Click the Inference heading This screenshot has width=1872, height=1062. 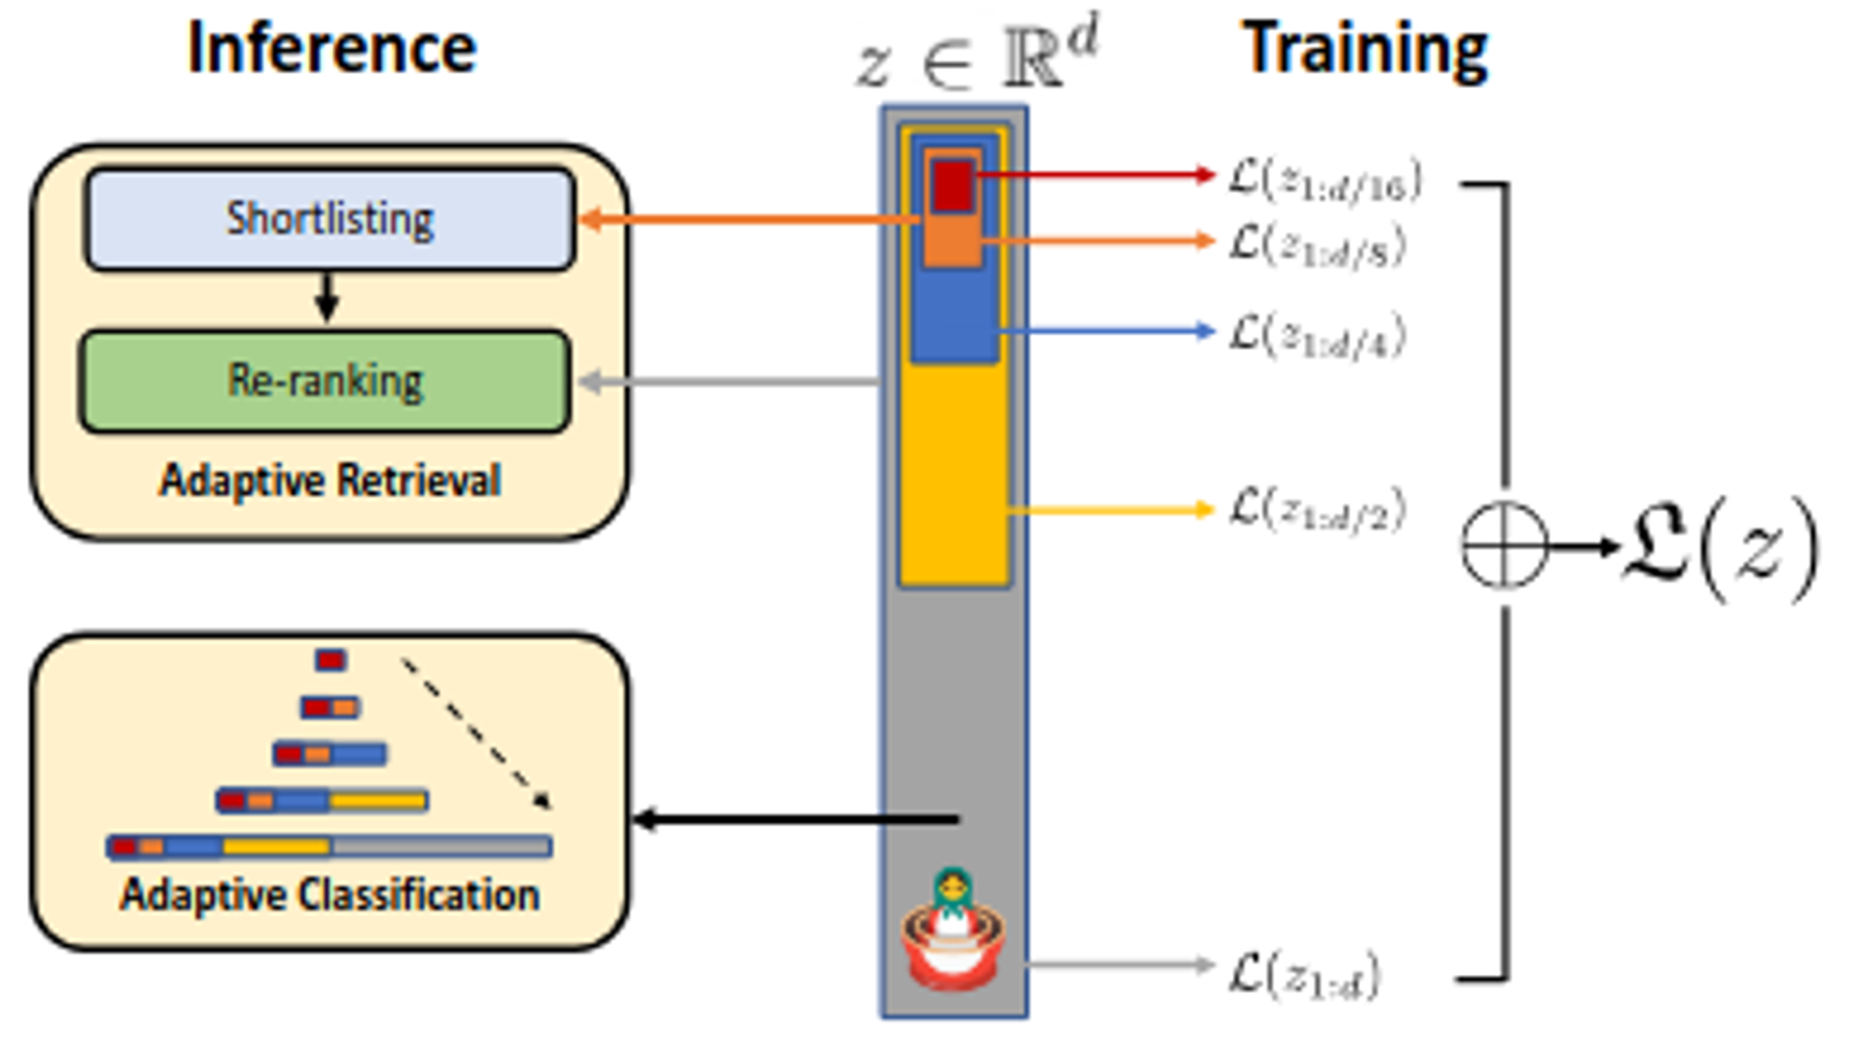click(x=331, y=49)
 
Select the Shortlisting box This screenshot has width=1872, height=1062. click(x=329, y=219)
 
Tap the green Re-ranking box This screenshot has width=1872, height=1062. click(x=325, y=381)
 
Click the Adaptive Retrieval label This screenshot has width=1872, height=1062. click(x=329, y=481)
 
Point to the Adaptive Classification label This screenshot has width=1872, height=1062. click(x=329, y=895)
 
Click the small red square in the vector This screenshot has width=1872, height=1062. click(x=953, y=185)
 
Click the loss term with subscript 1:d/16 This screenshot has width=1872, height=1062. click(x=1324, y=180)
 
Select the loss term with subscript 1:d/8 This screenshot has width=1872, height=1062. click(x=1317, y=246)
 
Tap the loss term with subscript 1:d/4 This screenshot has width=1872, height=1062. click(x=1317, y=335)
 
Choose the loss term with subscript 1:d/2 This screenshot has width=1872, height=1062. click(x=1317, y=510)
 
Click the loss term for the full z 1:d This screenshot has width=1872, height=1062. click(x=1304, y=975)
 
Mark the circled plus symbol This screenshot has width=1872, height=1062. click(x=1504, y=546)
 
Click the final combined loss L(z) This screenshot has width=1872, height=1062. click(x=1720, y=548)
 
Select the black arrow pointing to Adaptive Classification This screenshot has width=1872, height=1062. click(x=796, y=820)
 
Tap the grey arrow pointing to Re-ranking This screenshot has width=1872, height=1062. click(x=730, y=381)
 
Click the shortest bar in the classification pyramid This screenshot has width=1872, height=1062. click(x=330, y=661)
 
